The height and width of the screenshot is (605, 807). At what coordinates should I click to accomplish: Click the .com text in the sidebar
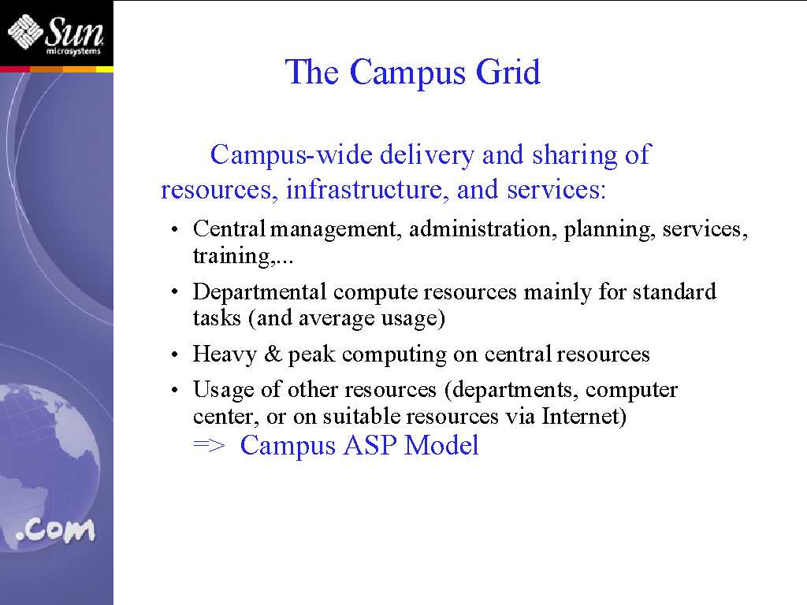click(56, 530)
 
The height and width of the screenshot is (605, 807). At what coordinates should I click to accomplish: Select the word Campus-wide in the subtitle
click(291, 155)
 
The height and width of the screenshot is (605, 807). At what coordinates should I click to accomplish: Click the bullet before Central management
click(175, 229)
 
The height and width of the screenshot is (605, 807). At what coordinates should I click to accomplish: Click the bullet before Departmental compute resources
click(175, 292)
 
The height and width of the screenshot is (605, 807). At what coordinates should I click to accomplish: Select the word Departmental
click(259, 292)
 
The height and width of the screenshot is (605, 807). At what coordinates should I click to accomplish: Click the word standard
click(675, 291)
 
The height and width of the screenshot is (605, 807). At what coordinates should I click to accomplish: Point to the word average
click(336, 318)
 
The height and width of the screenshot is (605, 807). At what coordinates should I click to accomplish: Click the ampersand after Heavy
click(273, 354)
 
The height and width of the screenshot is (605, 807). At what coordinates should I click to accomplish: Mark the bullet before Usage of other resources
click(175, 391)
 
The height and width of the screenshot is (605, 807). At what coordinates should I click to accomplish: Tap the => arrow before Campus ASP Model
click(209, 446)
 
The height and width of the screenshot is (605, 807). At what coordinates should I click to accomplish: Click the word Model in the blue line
click(441, 445)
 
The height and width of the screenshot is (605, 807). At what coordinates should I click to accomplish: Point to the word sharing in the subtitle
click(574, 156)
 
